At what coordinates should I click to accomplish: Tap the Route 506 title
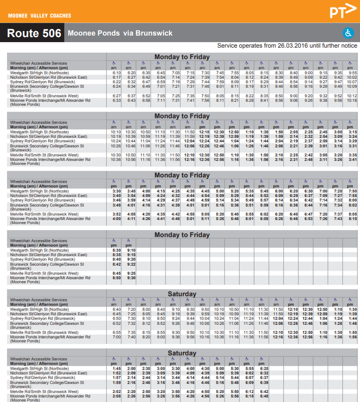(x=34, y=34)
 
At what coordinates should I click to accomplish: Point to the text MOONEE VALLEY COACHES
(x=40, y=16)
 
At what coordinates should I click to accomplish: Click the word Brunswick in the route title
(x=154, y=34)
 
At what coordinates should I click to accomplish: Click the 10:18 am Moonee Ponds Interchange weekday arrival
(x=352, y=100)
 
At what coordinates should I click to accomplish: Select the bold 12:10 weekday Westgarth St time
(x=205, y=132)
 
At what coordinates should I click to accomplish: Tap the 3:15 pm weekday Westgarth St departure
(x=352, y=132)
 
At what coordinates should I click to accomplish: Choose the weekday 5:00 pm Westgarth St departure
(x=220, y=191)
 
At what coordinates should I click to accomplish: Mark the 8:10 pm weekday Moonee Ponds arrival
(x=352, y=219)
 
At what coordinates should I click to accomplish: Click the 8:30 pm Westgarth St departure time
(x=117, y=250)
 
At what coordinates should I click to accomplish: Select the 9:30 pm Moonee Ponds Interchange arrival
(x=131, y=278)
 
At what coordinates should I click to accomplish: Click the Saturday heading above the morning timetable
(x=182, y=294)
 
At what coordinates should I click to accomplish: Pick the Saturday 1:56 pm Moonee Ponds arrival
(x=352, y=337)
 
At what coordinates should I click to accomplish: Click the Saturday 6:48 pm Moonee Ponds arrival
(x=264, y=396)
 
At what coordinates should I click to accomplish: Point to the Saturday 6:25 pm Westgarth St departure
(x=264, y=368)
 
